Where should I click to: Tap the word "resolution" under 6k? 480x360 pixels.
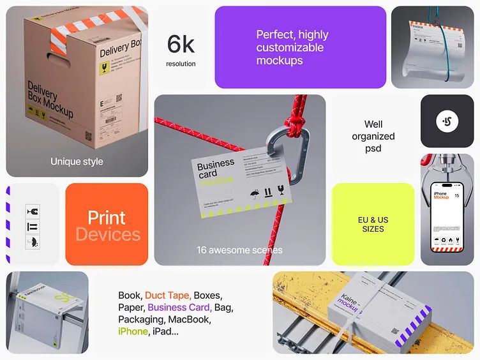tap(181, 64)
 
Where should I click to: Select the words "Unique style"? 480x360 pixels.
tap(77, 161)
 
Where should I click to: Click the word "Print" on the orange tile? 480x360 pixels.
tap(107, 218)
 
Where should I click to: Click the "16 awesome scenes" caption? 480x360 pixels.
tap(239, 250)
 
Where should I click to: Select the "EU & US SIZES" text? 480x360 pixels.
tap(373, 224)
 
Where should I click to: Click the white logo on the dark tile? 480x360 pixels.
tap(447, 121)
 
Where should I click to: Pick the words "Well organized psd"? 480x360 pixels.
tap(379, 136)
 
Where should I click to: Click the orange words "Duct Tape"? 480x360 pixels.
tap(167, 296)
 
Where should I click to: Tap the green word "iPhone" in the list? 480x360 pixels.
tap(133, 331)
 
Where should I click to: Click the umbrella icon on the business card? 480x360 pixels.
tap(255, 191)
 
